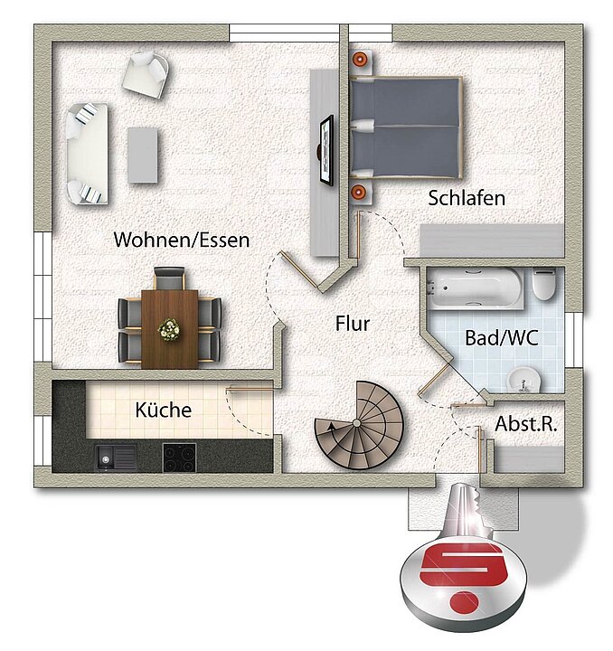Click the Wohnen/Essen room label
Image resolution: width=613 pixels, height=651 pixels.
point(182,240)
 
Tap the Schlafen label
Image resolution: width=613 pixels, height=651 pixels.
point(467,198)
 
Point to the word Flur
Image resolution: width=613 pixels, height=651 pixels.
point(353,324)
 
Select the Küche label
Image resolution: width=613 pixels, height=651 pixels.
point(164,410)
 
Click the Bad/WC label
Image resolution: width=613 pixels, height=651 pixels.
point(502,338)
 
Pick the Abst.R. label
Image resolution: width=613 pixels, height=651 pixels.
point(526,424)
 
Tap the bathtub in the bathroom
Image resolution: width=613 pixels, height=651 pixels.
point(476,288)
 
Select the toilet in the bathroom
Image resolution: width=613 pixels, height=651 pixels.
point(544,284)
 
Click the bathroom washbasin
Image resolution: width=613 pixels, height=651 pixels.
point(523,380)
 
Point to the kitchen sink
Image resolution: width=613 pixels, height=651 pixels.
point(116,458)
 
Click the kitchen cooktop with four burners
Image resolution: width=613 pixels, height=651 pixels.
point(179,458)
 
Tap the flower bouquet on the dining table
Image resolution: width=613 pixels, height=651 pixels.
point(169,330)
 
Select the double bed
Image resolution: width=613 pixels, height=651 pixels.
point(406,127)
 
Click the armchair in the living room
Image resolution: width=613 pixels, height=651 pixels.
point(146,75)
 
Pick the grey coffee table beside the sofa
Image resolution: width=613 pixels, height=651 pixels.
point(143,155)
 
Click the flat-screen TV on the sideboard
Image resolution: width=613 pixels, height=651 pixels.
point(325,150)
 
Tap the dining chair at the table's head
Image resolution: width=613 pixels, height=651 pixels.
point(169,278)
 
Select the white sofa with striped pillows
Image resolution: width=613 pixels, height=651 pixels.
point(88,154)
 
